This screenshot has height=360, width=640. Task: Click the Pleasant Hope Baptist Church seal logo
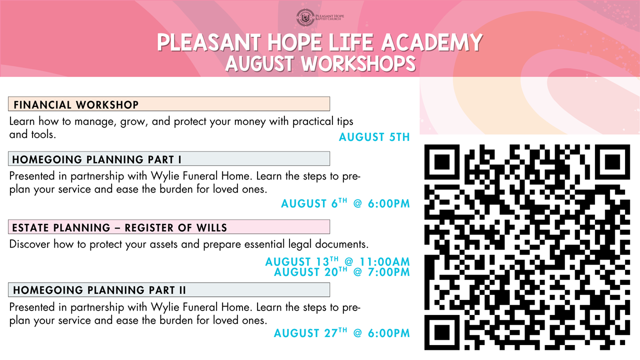click(305, 17)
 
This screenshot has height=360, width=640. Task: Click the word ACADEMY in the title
click(432, 42)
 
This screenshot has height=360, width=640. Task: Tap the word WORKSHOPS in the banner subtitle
click(358, 63)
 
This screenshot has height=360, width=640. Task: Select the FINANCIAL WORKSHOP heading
click(76, 105)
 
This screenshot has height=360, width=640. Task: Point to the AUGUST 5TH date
click(374, 137)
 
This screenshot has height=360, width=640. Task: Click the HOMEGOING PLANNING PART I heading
click(96, 159)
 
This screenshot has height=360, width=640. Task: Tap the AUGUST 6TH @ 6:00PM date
click(345, 203)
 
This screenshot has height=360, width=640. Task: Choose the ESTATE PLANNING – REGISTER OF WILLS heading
click(119, 227)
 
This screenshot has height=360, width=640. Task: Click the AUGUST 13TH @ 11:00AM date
click(337, 261)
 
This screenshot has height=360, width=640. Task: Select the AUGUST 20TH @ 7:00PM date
click(342, 271)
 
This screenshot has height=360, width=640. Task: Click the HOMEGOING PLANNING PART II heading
click(99, 290)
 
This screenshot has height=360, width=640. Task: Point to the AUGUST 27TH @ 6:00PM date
click(342, 333)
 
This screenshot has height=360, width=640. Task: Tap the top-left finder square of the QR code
click(441, 162)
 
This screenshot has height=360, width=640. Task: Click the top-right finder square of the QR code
click(612, 162)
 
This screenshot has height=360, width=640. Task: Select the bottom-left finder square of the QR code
click(441, 332)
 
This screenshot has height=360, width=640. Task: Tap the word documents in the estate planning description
click(341, 244)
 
